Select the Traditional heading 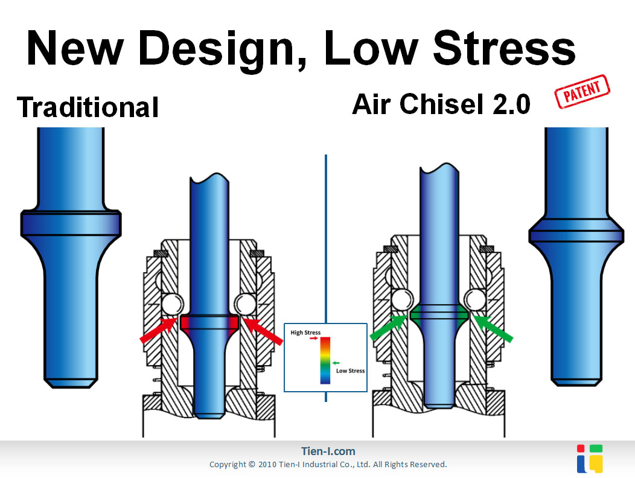click(88, 107)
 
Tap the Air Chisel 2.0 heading click(441, 105)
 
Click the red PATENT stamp click(582, 92)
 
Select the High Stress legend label click(305, 333)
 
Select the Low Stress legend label click(350, 371)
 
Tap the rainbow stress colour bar click(325, 361)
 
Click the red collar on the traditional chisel click(210, 322)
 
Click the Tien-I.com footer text click(328, 451)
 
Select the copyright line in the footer click(328, 465)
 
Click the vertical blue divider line click(325, 241)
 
